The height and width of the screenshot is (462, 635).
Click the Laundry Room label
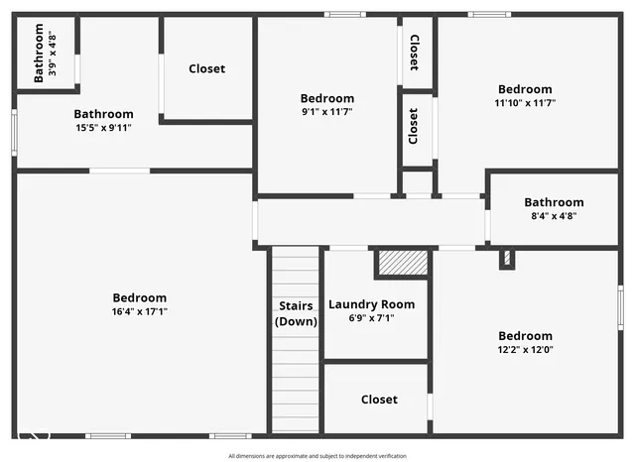point(372,304)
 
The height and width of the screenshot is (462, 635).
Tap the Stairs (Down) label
point(296,313)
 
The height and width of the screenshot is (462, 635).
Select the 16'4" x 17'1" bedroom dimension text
point(139,311)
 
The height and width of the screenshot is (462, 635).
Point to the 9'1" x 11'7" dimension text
point(326,112)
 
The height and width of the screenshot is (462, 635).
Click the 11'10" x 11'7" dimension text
point(525,102)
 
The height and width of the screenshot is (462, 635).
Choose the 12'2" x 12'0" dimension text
point(525,349)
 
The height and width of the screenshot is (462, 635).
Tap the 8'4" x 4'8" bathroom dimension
point(554,216)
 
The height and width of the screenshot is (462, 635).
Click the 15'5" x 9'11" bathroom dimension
point(103,127)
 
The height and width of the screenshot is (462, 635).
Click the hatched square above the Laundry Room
point(402,263)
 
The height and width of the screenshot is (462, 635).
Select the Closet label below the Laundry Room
point(379,400)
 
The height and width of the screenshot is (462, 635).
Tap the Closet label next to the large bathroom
point(206,69)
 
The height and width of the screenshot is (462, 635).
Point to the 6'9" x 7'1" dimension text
point(372,318)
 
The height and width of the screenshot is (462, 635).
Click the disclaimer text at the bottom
point(317,456)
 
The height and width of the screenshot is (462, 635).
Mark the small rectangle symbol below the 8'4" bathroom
point(506,258)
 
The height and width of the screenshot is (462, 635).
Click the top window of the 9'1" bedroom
point(345,14)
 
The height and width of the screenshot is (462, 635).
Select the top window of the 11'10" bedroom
point(489,14)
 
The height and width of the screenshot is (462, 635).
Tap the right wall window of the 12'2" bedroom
point(620,306)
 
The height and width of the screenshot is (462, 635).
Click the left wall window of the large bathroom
point(14,132)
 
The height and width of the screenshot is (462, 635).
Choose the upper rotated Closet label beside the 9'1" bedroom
point(415,53)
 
